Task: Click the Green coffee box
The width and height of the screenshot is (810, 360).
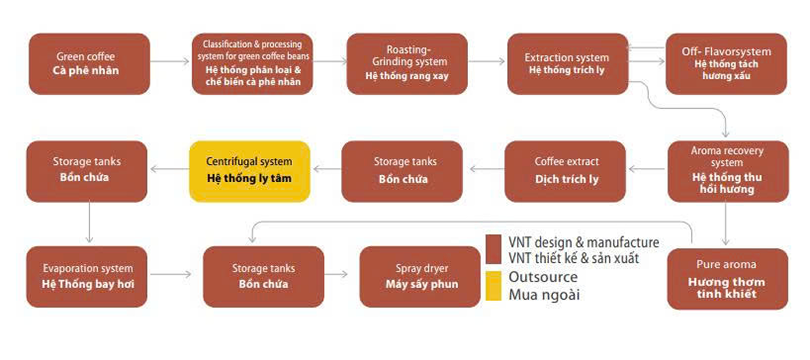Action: point(89,64)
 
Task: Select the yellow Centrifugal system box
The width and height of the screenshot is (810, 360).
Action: point(250,171)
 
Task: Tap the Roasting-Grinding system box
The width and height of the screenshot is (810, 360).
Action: point(407,64)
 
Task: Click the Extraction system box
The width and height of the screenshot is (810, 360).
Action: point(568,64)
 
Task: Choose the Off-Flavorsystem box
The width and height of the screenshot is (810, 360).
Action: point(726,64)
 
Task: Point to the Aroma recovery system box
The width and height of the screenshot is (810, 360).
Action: point(728,171)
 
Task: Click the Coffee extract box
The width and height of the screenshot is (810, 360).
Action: point(565,171)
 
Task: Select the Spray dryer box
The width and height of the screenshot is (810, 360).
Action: point(420,277)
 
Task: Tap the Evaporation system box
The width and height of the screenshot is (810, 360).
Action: point(87,277)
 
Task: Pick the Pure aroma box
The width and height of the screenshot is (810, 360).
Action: point(728,279)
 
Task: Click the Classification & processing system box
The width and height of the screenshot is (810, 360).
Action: point(252,64)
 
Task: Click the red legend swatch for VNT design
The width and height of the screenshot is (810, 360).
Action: point(493,249)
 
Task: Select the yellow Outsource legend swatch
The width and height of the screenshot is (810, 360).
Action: point(493,286)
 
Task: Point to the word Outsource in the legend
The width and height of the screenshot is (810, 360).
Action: point(543,277)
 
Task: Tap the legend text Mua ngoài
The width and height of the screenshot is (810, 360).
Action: point(544,295)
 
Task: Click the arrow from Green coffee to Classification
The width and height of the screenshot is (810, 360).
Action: point(170,61)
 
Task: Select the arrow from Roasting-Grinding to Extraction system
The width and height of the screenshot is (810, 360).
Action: point(487,61)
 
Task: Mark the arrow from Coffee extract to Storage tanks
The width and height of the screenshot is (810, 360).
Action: point(487,168)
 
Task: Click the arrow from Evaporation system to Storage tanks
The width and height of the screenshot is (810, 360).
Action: point(171,274)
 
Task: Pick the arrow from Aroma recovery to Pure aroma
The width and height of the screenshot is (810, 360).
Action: point(726,223)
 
